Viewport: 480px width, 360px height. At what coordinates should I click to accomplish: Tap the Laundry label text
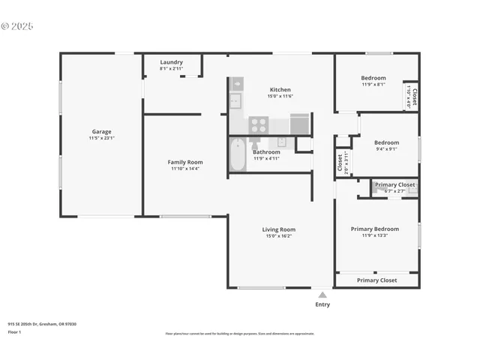tap(172, 62)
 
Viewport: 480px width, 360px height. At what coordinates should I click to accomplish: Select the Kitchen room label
tap(280, 90)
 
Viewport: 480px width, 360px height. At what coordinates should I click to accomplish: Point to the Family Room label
tap(185, 162)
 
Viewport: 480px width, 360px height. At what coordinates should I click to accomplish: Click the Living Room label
tap(279, 229)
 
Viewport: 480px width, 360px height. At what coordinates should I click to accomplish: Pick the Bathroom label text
tap(266, 152)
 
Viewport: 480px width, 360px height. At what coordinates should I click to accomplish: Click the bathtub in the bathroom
tap(238, 155)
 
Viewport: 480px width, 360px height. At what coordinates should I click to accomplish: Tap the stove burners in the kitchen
tap(259, 124)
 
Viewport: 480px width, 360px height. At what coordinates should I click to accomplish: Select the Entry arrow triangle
tap(322, 295)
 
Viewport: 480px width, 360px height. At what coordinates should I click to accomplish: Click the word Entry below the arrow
tap(322, 304)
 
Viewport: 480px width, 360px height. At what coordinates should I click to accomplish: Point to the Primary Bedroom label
tap(375, 229)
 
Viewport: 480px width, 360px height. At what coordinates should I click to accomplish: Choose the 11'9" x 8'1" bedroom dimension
tap(373, 85)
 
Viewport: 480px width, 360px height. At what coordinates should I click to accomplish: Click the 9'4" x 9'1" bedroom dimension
tap(386, 148)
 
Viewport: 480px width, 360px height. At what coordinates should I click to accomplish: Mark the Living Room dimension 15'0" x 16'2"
tap(279, 236)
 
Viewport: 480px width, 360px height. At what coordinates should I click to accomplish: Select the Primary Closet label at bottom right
tap(376, 280)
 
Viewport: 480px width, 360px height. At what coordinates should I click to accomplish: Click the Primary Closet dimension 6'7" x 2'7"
tap(394, 191)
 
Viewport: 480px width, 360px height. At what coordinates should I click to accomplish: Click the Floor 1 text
tap(14, 331)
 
